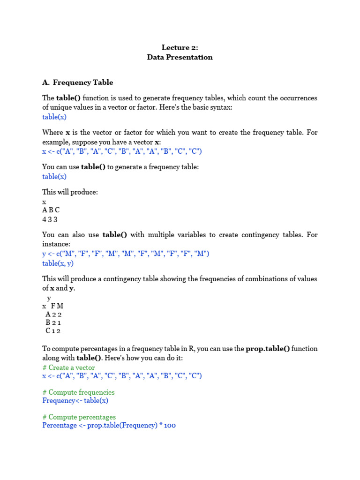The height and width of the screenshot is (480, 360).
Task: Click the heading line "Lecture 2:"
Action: pos(180,47)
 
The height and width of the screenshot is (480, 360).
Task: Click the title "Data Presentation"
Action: pos(180,57)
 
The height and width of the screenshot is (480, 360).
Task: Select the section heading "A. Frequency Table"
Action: pos(77,82)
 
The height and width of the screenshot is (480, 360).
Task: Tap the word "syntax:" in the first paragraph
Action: pos(220,107)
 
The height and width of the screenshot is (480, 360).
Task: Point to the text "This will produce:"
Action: pos(70,192)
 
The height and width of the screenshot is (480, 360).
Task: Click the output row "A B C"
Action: pos(51,210)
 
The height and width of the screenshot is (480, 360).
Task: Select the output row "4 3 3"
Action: pos(51,219)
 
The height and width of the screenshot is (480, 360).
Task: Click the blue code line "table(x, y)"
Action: pos(58,263)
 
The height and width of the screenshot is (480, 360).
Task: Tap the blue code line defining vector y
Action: pos(126,254)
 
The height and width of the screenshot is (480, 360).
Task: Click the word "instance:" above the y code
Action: pos(57,245)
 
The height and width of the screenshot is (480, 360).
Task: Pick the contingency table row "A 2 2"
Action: pos(53,315)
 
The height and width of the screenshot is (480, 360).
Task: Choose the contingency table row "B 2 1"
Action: pos(53,322)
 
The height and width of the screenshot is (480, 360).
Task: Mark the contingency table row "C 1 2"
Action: pos(53,331)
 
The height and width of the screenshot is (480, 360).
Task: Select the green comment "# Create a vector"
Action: pos(68,368)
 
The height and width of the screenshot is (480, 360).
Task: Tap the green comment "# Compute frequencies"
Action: pos(78,392)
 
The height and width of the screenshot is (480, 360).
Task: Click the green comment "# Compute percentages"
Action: pos(79,417)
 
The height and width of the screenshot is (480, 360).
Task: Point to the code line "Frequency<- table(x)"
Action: pos(75,401)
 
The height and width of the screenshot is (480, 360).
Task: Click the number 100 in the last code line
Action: pos(170,426)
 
